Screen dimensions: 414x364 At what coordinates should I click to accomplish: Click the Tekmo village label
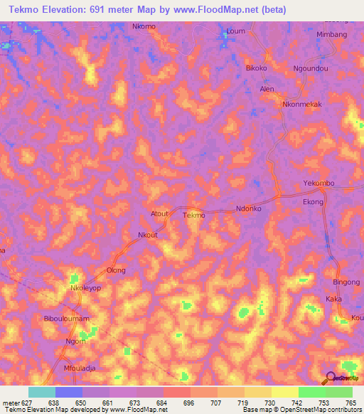pos(193,215)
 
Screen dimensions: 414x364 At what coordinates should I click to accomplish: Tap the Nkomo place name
pos(144,26)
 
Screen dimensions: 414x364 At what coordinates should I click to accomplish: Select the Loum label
pos(235,31)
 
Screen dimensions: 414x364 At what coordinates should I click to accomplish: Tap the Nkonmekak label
pos(302,104)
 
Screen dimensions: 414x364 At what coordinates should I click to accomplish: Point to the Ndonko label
pos(249,208)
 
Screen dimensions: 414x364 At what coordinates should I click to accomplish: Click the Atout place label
pos(160,213)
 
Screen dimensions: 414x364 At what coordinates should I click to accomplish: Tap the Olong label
pos(116,270)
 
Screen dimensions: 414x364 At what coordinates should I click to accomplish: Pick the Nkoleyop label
pos(85,289)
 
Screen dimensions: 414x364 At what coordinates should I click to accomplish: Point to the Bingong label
pos(347,282)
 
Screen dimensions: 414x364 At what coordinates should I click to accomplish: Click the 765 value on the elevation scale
pos(350,403)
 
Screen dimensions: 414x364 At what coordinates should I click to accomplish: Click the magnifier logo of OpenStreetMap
pos(330,378)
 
